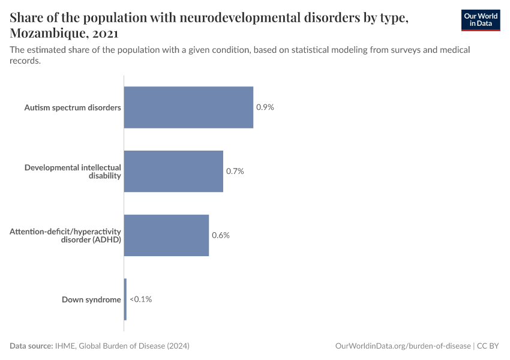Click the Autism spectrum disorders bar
point(188,107)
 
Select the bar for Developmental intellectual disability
point(173,171)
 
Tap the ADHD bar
point(166,235)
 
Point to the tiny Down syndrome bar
point(125,299)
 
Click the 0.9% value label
point(265,107)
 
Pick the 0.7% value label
point(235,171)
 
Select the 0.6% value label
point(221,235)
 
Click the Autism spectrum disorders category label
point(73,108)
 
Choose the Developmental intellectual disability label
point(73,171)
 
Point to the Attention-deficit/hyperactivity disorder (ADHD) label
point(65,235)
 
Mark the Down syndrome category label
point(91,299)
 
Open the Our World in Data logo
point(481,20)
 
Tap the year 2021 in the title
point(105,33)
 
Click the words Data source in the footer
point(31,346)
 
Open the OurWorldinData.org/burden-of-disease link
point(402,346)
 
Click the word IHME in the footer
point(64,346)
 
